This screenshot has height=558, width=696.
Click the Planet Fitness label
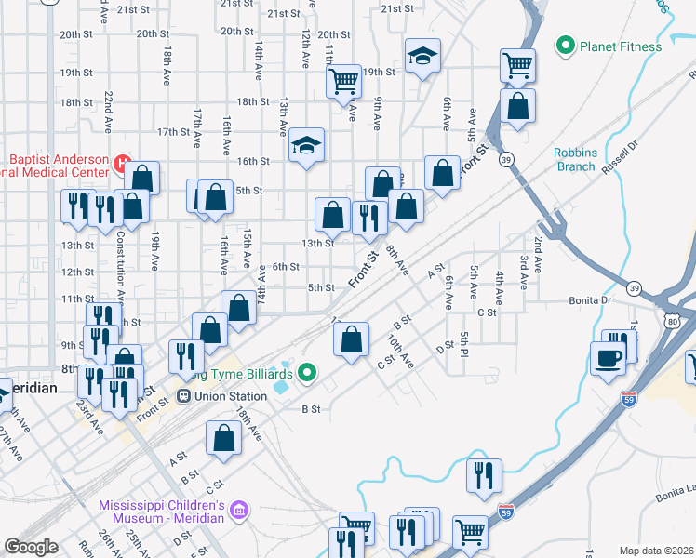621,46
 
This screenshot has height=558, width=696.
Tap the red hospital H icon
121,164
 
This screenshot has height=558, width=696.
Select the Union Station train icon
184,396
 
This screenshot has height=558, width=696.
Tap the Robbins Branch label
574,159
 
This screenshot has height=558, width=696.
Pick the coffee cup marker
608,358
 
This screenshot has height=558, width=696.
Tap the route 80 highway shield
672,322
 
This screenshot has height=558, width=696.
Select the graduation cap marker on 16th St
306,145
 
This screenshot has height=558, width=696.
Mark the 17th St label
173,132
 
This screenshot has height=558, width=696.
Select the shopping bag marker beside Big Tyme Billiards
351,339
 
